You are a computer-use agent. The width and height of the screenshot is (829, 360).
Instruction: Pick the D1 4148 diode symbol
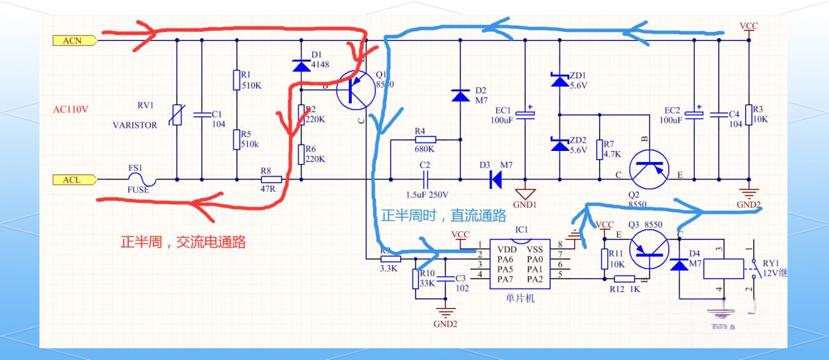(x=301, y=66)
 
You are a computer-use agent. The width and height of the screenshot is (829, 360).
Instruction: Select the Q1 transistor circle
(x=356, y=91)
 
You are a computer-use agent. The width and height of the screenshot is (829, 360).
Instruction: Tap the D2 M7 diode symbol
(x=459, y=95)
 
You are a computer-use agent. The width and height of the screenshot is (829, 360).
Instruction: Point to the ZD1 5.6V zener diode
(x=558, y=80)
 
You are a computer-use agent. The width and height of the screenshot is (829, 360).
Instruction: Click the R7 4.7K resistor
(x=600, y=149)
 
